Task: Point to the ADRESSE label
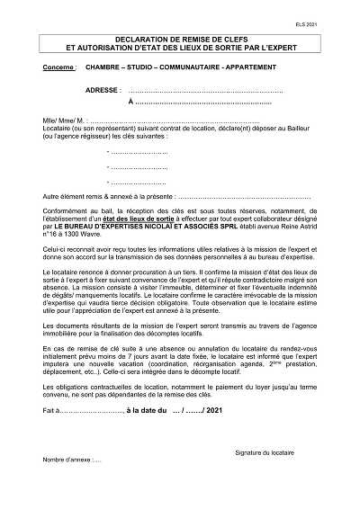[x=103, y=91]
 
